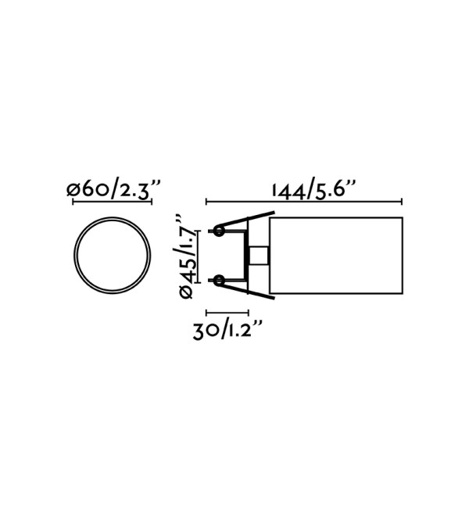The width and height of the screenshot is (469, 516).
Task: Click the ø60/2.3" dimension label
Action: click(x=113, y=189)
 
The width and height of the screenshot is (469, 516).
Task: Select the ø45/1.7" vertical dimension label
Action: click(x=185, y=256)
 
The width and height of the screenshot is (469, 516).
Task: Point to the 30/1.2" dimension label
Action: click(x=227, y=330)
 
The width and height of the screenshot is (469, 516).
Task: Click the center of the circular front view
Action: click(x=113, y=255)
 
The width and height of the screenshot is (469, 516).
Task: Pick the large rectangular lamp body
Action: click(x=336, y=256)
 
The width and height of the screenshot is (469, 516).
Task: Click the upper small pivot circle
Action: click(x=219, y=231)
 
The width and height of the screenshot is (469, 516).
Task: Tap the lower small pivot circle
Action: click(x=219, y=281)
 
